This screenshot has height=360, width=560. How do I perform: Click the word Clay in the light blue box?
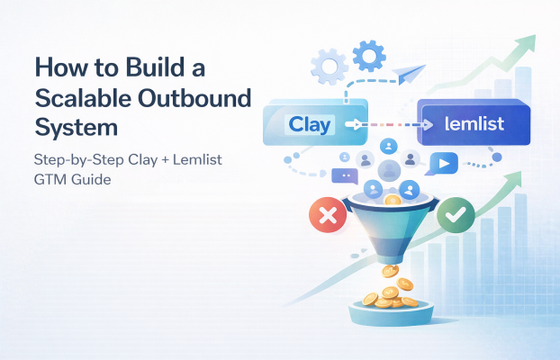pos(310,124)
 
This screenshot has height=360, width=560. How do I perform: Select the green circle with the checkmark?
pos(454,217)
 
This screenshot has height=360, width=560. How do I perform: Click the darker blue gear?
pos(368,56)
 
